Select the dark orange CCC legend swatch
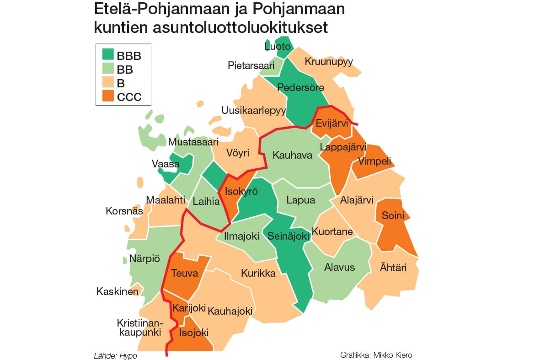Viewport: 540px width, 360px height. click(x=108, y=97)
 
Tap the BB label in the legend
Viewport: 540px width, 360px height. click(x=125, y=70)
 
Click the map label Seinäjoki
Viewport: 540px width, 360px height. click(x=289, y=236)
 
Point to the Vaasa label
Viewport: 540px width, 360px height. click(x=166, y=163)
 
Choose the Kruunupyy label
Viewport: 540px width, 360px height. click(x=329, y=61)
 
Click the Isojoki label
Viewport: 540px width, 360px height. click(x=194, y=333)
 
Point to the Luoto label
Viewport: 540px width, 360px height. click(x=278, y=46)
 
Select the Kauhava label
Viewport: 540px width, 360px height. click(x=292, y=155)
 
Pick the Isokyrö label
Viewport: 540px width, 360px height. click(x=240, y=192)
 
